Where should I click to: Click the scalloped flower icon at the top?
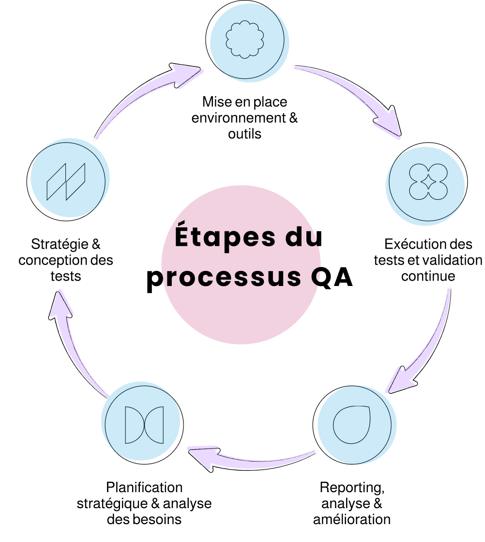(245, 40)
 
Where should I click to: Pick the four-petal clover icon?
(428, 182)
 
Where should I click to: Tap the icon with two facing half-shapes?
(144, 425)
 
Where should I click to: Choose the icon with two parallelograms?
(65, 182)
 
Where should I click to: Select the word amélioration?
(352, 520)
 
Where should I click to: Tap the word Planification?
(144, 487)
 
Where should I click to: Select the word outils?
(245, 134)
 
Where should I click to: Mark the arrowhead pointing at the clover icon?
(390, 127)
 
